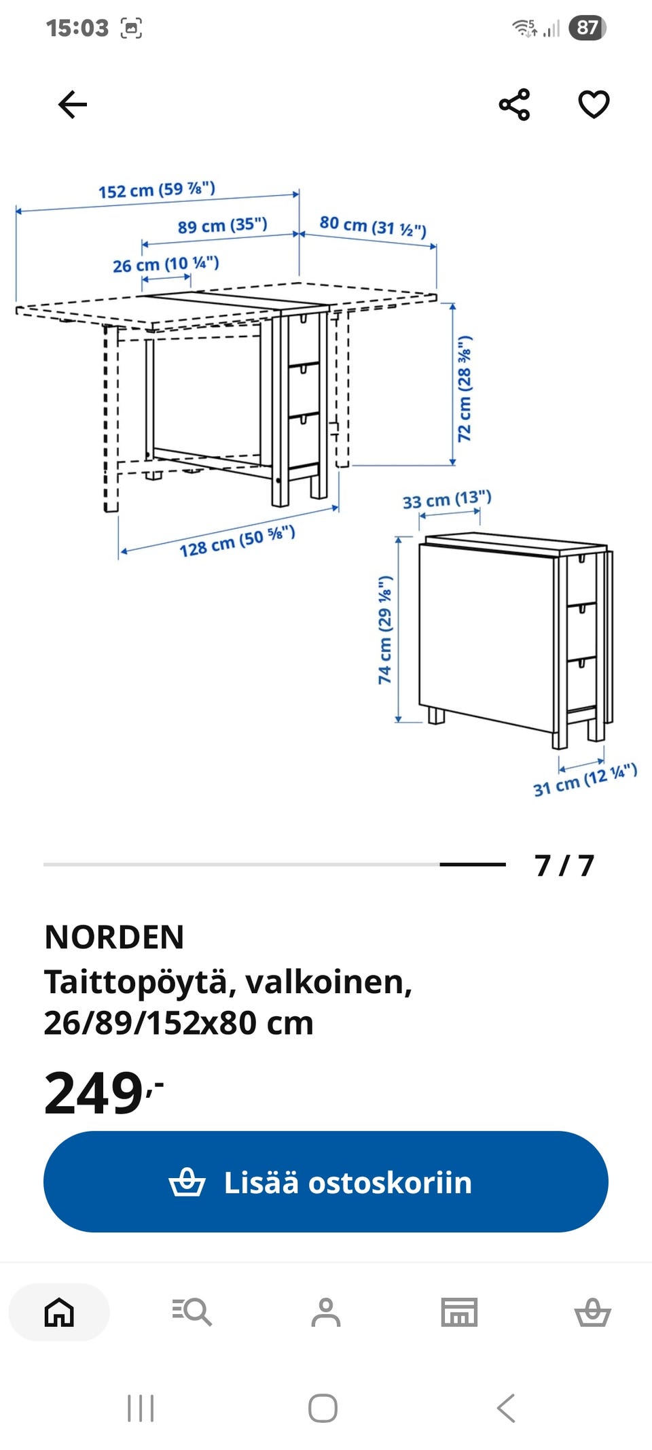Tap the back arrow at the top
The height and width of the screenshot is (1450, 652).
tap(73, 105)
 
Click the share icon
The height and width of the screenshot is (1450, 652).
tap(514, 105)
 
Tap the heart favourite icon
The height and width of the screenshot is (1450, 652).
tap(594, 105)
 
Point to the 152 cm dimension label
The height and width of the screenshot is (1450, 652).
tap(157, 190)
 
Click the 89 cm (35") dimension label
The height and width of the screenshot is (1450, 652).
tap(223, 225)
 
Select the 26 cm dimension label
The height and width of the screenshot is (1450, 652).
tap(166, 264)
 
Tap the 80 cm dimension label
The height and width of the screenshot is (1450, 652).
tap(373, 226)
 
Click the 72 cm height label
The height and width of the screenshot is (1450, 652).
tap(465, 389)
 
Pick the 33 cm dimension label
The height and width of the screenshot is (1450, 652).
tap(447, 500)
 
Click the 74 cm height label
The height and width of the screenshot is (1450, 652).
tap(385, 629)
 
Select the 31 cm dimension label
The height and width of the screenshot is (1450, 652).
tap(585, 780)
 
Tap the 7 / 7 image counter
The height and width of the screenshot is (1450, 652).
tap(564, 865)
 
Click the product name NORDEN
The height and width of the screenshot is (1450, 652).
tap(114, 937)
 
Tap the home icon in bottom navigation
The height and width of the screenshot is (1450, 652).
tap(59, 1312)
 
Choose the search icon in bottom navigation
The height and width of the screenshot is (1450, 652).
tap(192, 1312)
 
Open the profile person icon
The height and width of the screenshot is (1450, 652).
tap(326, 1312)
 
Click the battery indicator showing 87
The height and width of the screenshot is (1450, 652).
tap(587, 28)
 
